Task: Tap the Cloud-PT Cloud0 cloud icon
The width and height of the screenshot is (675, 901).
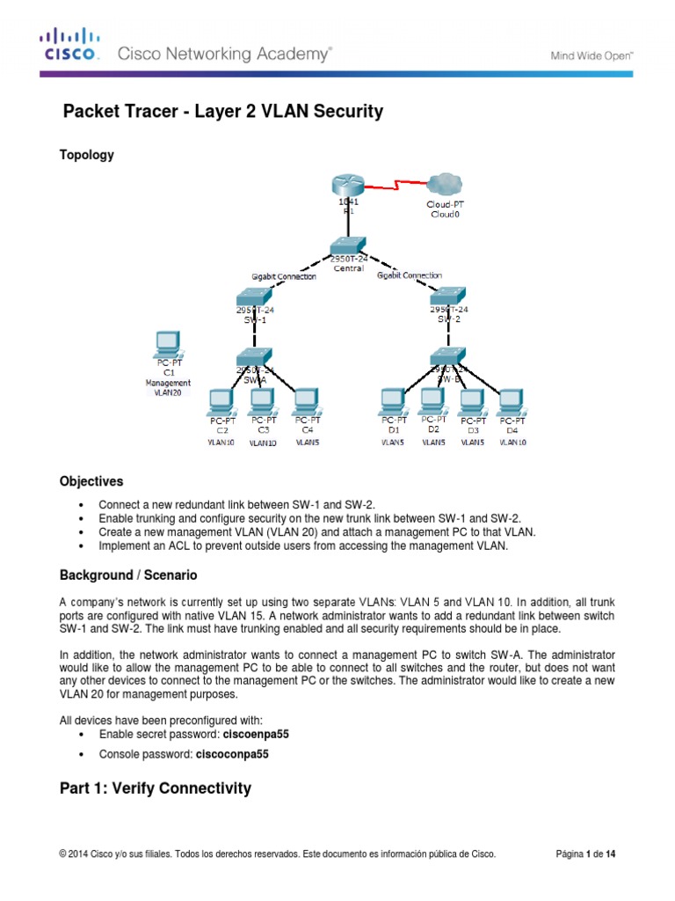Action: [x=446, y=184]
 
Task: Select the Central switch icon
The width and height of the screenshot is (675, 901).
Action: [x=349, y=247]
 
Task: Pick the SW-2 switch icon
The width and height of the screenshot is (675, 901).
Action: [x=449, y=297]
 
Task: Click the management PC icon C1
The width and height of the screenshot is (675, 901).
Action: [x=165, y=342]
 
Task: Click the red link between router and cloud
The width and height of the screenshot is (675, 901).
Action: [x=395, y=187]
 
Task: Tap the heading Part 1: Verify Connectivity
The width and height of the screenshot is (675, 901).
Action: [x=155, y=788]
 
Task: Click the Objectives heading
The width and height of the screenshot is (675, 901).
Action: [x=91, y=482]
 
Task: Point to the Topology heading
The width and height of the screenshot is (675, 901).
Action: [x=86, y=155]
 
